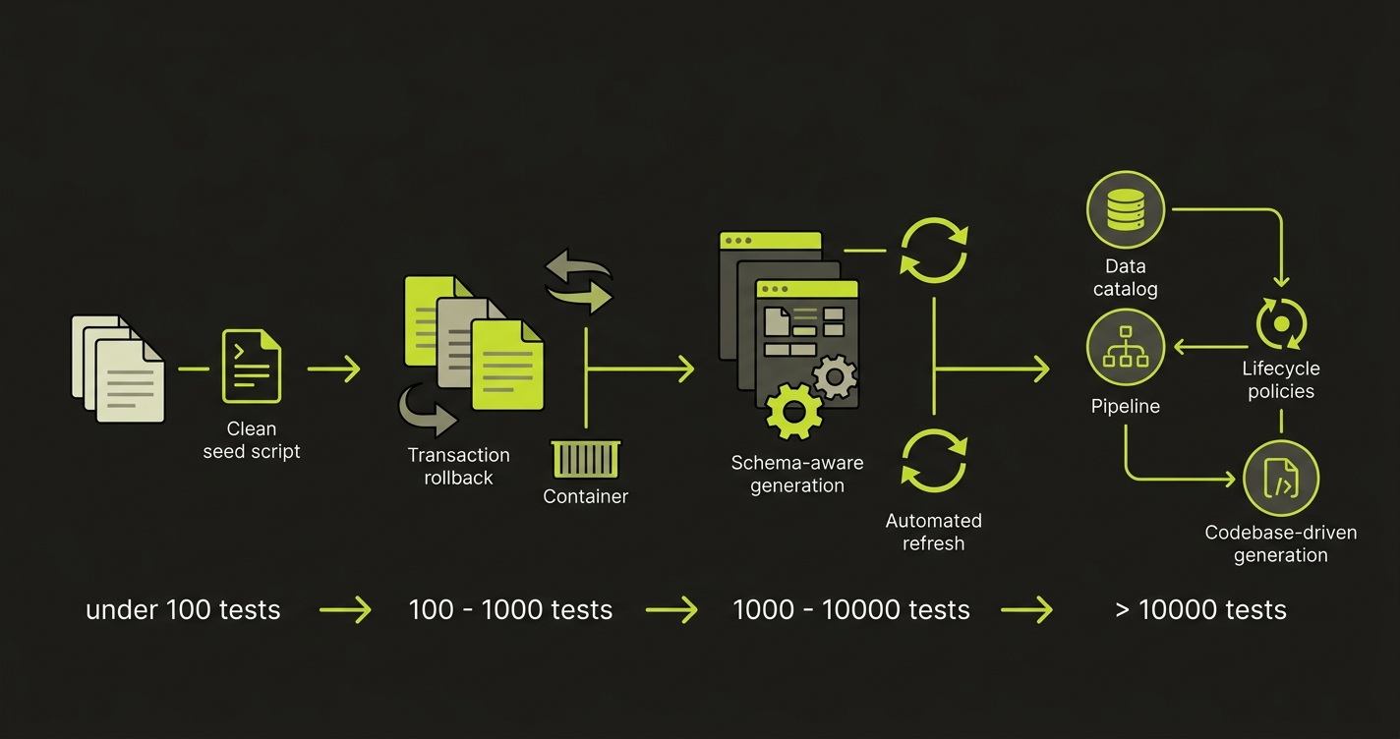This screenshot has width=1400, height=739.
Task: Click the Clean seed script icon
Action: click(x=251, y=368)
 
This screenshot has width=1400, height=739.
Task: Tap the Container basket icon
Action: click(x=586, y=460)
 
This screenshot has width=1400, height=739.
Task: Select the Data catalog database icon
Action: click(x=1125, y=210)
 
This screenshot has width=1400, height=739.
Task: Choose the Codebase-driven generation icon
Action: click(x=1281, y=480)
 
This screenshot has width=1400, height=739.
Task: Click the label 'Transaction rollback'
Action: click(x=458, y=466)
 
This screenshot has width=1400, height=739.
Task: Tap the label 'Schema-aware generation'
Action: click(x=796, y=474)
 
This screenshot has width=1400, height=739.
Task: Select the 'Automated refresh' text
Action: click(x=933, y=532)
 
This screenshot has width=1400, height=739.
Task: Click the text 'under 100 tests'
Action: click(x=183, y=609)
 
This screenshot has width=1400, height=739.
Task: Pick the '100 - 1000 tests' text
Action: click(x=510, y=609)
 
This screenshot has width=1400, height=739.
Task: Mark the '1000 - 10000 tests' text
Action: click(x=851, y=609)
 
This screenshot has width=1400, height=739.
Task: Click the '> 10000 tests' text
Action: click(x=1200, y=609)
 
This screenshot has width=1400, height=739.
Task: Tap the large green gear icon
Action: click(x=792, y=411)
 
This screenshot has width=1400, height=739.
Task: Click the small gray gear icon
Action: click(x=835, y=377)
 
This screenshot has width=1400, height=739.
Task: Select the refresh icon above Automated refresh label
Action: click(x=933, y=460)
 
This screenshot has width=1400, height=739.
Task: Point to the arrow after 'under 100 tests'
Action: click(x=345, y=609)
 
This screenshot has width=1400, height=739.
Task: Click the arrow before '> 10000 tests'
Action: click(x=1026, y=609)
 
